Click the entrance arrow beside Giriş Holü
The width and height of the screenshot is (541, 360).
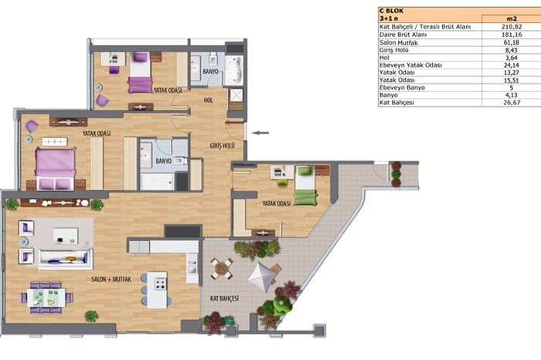(x=260, y=133)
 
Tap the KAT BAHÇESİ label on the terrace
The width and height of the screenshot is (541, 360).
(x=224, y=299)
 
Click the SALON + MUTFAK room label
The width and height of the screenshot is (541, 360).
(x=111, y=280)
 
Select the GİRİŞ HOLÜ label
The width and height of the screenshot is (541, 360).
(x=223, y=146)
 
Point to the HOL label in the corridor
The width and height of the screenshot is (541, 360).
(x=209, y=100)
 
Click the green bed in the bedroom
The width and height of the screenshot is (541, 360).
(x=306, y=186)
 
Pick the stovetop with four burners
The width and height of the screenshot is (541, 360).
(x=161, y=283)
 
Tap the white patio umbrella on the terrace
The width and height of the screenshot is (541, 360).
(x=261, y=277)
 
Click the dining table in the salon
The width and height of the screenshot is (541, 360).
(x=46, y=297)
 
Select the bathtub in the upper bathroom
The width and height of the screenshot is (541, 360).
(x=234, y=70)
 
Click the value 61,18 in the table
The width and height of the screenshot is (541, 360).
(x=511, y=42)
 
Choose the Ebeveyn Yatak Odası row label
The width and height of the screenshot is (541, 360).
(x=410, y=65)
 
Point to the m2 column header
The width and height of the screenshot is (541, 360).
(x=511, y=19)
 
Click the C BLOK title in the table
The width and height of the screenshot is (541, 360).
(x=391, y=11)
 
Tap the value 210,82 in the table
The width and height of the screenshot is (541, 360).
(x=512, y=26)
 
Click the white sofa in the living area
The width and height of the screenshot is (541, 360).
(x=65, y=260)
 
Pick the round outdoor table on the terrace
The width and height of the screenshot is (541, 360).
(x=222, y=268)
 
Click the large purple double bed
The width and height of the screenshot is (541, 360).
(x=55, y=168)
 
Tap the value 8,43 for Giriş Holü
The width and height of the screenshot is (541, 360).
(x=511, y=50)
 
